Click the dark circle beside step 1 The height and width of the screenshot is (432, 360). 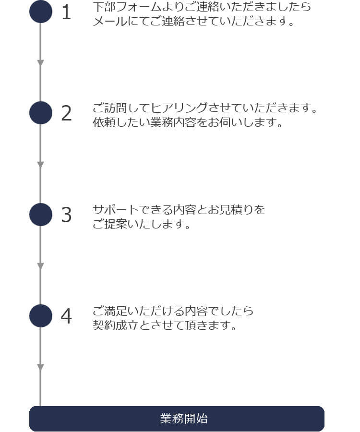41,12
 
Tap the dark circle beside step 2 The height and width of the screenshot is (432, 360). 41,113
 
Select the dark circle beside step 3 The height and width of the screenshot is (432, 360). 41,215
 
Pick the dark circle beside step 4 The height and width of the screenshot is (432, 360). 41,316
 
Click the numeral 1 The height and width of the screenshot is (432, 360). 66,12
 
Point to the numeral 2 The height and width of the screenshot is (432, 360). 66,113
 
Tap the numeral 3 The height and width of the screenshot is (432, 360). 66,215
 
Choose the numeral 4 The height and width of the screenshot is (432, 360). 66,316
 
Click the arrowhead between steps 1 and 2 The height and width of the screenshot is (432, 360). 40,63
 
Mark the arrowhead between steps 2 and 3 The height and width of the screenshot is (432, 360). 40,165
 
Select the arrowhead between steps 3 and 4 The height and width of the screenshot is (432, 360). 40,266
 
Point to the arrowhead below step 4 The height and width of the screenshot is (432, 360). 40,367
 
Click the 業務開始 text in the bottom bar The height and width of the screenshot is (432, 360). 184,419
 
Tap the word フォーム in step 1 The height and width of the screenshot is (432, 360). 139,7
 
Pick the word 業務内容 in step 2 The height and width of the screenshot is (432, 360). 173,122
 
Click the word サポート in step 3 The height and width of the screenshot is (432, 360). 116,210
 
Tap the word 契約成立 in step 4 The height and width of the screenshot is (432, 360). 116,325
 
